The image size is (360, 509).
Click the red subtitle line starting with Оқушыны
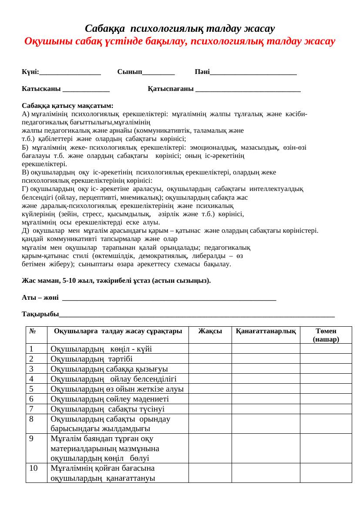point(180,42)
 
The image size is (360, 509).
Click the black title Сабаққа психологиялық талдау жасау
point(180,29)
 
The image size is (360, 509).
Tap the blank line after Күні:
point(70,73)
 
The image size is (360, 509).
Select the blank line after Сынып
point(158,73)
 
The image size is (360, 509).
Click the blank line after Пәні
point(253,73)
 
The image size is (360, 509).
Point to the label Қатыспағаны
point(171,89)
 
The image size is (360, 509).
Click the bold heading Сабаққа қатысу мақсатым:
point(67,106)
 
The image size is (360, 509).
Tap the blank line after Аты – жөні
point(169,298)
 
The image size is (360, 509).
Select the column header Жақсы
point(210,331)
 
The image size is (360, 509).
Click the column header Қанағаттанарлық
point(266,331)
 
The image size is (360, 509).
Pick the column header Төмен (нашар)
point(326,335)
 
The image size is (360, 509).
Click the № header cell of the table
point(33,331)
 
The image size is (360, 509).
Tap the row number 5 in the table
point(32,388)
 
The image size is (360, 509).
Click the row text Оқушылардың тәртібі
point(91,358)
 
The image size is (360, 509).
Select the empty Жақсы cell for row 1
point(210,348)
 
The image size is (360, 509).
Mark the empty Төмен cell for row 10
point(326,473)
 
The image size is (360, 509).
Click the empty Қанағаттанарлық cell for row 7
point(266,409)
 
